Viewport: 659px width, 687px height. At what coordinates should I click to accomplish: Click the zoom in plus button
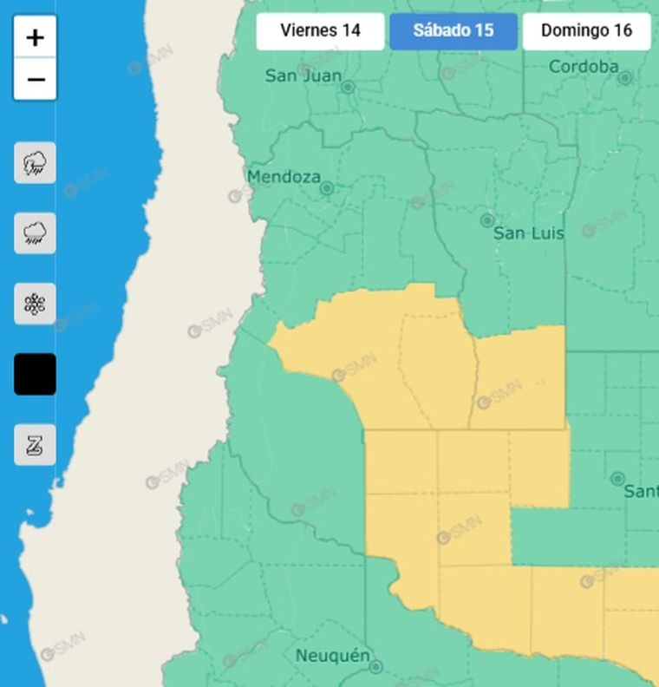pos(36,37)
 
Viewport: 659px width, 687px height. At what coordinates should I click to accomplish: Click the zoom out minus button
pos(36,80)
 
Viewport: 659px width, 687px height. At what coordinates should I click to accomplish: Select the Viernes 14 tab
pos(320,30)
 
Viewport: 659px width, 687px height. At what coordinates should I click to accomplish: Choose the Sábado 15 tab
pos(453,30)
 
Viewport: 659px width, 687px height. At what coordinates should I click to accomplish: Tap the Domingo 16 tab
pos(586,30)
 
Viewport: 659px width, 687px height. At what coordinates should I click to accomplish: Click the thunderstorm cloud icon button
pos(36,163)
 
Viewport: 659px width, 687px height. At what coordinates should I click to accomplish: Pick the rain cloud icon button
pos(36,233)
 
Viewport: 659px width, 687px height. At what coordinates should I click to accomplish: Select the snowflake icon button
pos(36,304)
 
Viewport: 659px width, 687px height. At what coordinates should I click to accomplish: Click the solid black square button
pos(36,374)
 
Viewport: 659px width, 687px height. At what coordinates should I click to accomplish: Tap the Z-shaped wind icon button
pos(36,445)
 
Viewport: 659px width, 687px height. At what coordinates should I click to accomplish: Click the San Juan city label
pos(303,76)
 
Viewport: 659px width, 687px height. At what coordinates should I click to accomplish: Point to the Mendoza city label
pos(284,177)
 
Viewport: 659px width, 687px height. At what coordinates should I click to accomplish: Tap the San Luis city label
pos(528,233)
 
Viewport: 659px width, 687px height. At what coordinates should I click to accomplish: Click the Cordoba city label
pos(584,67)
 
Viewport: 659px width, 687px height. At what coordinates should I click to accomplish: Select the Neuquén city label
pos(333,655)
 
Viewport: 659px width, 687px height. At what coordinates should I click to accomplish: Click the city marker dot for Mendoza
pos(327,188)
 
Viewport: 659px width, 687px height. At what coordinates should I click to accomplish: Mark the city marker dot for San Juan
pos(348,88)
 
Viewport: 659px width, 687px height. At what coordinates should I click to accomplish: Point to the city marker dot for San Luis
pos(487,220)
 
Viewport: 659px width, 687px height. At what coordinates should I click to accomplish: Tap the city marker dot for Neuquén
pos(375,667)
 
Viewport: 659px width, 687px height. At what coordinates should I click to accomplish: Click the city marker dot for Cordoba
pos(625,78)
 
